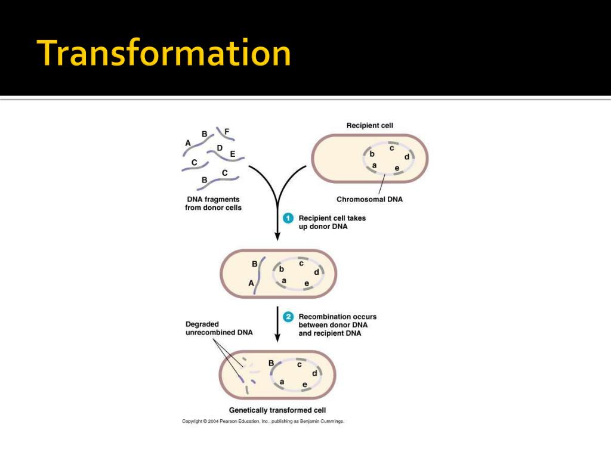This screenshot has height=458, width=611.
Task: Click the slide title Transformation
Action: coord(163,53)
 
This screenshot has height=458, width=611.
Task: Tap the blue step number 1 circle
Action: coord(288,218)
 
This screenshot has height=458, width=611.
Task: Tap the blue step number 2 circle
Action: coord(288,317)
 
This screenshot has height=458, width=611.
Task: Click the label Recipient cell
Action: coord(370,125)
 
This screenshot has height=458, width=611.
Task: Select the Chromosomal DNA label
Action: coord(369,199)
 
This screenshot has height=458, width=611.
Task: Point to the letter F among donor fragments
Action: coord(227,131)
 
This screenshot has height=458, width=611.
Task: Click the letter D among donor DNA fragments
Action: coord(220,148)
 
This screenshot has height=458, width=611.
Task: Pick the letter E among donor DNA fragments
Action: coord(233,154)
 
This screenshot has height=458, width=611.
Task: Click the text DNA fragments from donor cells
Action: coord(213,203)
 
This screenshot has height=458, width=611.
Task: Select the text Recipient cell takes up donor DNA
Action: coord(332,222)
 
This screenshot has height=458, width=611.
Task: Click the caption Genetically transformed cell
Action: coord(277,410)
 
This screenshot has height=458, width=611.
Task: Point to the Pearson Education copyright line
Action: coord(263,421)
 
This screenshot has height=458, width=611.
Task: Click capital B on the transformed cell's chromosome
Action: coord(271,363)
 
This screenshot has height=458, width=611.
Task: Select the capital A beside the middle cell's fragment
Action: coord(251,284)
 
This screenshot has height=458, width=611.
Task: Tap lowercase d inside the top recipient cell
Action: coord(406,157)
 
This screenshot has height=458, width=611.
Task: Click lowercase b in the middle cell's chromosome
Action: coord(282,269)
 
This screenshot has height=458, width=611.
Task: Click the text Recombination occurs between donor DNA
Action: coord(337,321)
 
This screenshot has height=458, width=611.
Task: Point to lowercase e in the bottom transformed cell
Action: coord(304,384)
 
